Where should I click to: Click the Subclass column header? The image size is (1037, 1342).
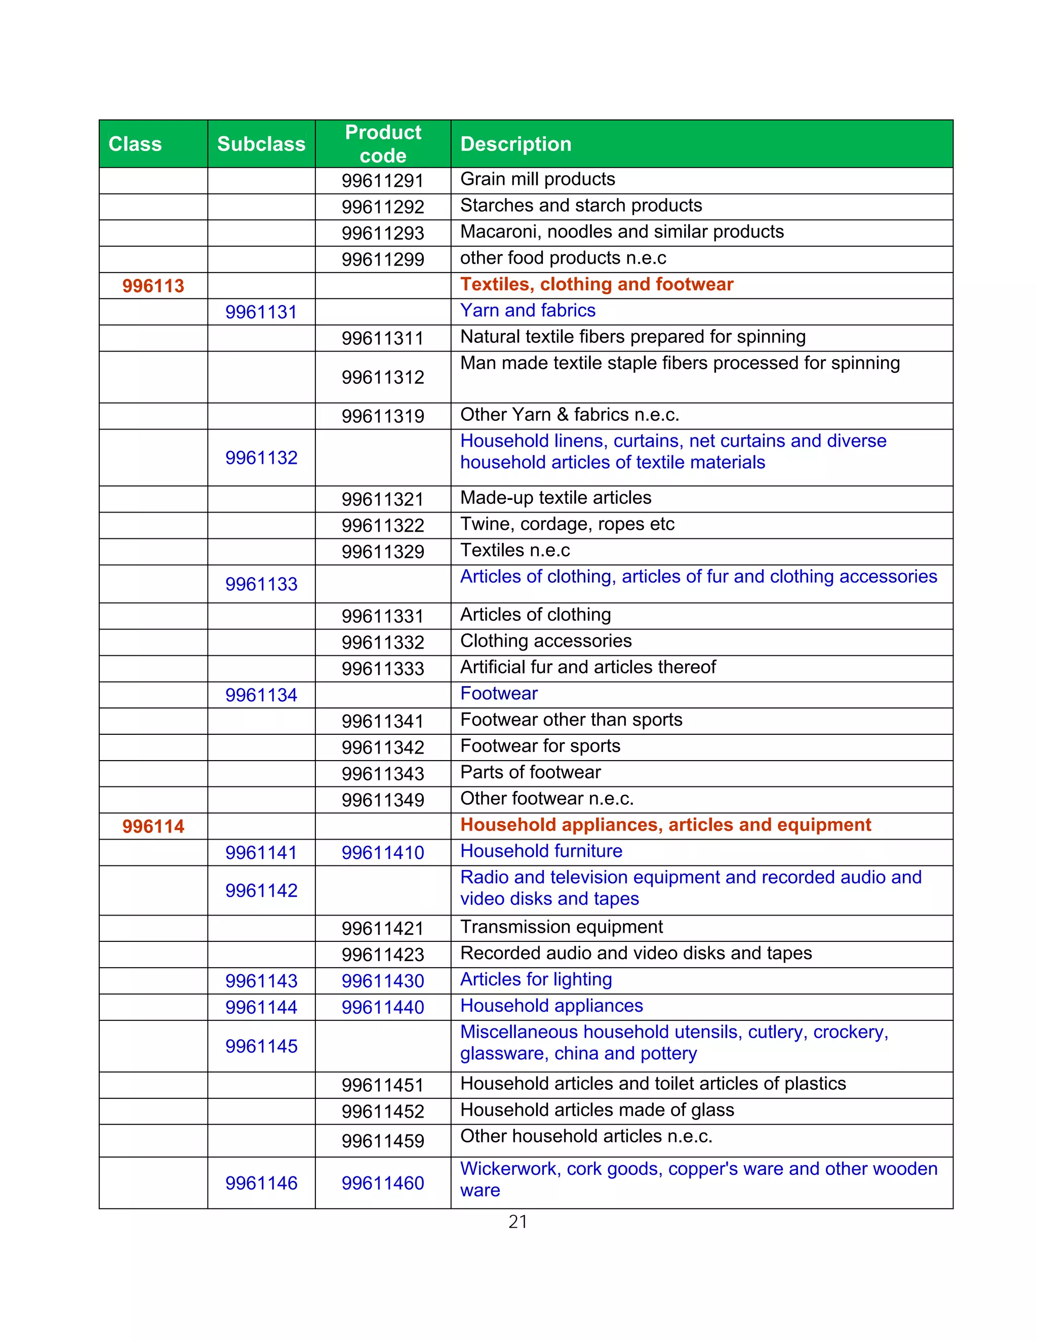click(x=261, y=144)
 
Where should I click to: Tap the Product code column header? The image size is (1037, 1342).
click(x=383, y=144)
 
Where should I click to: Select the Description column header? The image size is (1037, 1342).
click(x=515, y=144)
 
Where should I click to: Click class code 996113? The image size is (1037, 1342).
click(x=153, y=286)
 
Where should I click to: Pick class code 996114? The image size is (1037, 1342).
click(x=153, y=826)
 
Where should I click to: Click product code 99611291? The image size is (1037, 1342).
click(x=383, y=181)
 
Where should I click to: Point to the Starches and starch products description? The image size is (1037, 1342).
click(x=581, y=205)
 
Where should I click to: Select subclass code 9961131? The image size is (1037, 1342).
click(x=261, y=312)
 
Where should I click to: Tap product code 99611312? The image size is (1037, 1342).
click(x=383, y=377)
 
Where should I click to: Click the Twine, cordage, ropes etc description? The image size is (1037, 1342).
click(x=567, y=524)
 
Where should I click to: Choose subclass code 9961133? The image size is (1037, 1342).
click(x=261, y=584)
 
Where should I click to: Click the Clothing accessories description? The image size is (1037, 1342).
click(x=545, y=641)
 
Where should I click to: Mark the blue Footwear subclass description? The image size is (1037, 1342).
click(x=499, y=693)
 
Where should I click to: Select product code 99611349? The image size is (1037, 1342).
click(x=383, y=800)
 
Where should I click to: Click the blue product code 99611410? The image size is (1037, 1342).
click(x=383, y=853)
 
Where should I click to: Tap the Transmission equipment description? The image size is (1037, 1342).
click(x=561, y=927)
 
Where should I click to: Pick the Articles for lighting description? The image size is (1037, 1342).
click(x=536, y=979)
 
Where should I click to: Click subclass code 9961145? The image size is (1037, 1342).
click(x=261, y=1046)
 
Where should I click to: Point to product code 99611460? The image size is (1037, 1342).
click(x=383, y=1183)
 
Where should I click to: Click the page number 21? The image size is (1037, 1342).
click(x=518, y=1221)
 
